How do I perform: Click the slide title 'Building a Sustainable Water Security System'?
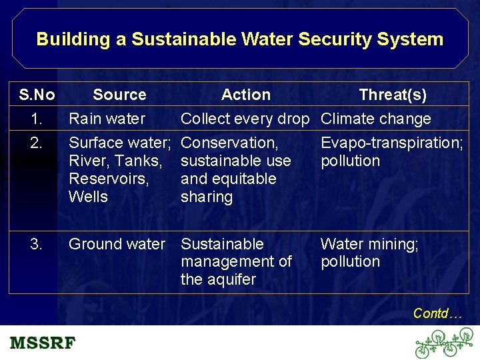tap(240, 39)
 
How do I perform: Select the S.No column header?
tap(37, 95)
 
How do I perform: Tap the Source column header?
tap(119, 95)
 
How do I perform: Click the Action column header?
tap(246, 95)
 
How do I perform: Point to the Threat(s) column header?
tap(393, 95)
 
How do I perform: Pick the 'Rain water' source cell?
tap(107, 119)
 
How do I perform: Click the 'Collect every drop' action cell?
tap(245, 119)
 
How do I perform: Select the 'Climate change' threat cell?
tap(376, 119)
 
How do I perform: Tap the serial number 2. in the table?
tap(37, 143)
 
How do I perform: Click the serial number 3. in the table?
tap(37, 245)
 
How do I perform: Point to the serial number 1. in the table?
tap(37, 119)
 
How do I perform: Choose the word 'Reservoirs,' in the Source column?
tap(109, 179)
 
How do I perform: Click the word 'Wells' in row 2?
tap(89, 197)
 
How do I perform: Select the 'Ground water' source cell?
tap(117, 245)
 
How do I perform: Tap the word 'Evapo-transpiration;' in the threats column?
tap(392, 143)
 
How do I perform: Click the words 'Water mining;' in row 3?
tap(370, 245)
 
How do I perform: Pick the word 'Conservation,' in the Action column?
tap(230, 143)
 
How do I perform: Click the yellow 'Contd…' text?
tap(437, 313)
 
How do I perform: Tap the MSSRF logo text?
tap(43, 344)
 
